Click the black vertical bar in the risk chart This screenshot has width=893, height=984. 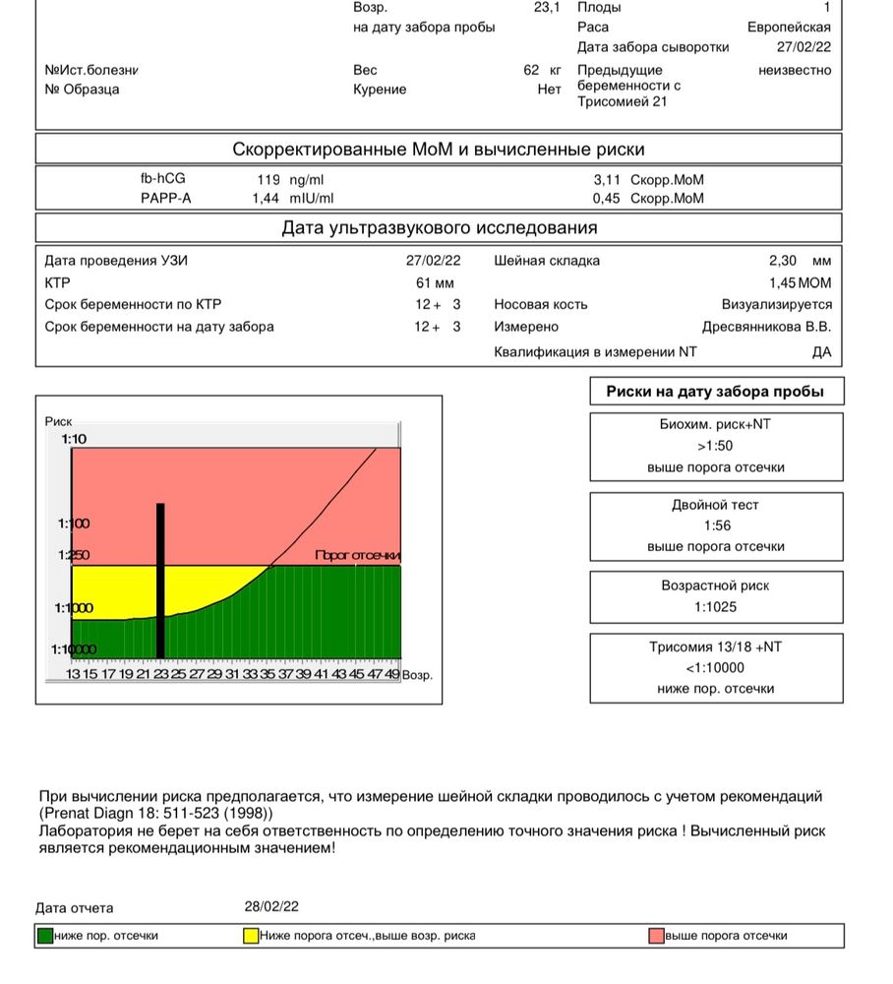click(x=160, y=581)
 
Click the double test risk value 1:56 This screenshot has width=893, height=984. click(x=716, y=526)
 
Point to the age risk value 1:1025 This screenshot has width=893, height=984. click(x=716, y=607)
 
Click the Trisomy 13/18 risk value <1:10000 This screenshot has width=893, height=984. click(x=716, y=668)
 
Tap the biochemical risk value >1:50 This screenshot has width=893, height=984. click(x=716, y=446)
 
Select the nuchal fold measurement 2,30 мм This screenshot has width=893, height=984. click(x=800, y=261)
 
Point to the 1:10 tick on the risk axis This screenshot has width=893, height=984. click(x=75, y=439)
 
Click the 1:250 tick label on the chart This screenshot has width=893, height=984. click(x=74, y=555)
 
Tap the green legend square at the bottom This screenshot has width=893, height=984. click(x=44, y=936)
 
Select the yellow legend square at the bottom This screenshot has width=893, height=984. click(x=251, y=936)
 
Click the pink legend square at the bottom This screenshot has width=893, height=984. click(x=656, y=936)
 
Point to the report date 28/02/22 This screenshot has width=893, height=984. click(x=272, y=907)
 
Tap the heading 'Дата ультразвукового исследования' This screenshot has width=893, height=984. click(x=439, y=228)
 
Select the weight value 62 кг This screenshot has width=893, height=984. click(x=542, y=70)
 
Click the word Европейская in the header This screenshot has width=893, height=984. click(x=789, y=28)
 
